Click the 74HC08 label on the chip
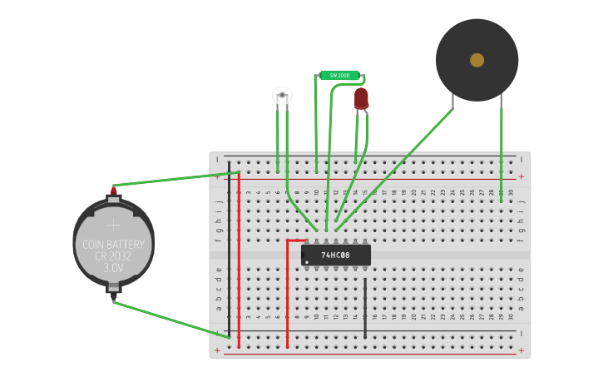[336, 255]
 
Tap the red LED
[361, 98]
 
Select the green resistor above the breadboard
[339, 76]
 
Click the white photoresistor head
[282, 96]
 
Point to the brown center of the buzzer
[477, 60]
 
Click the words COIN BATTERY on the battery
[113, 245]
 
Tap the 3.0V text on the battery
[113, 269]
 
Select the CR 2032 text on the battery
[113, 257]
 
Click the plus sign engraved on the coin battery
[113, 224]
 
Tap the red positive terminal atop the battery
[113, 191]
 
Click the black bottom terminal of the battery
[113, 293]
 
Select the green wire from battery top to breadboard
[175, 179]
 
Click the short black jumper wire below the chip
[364, 308]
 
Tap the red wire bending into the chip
[288, 291]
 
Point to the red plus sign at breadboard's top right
[521, 176]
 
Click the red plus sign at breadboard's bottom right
[521, 350]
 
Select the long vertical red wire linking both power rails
[239, 258]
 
